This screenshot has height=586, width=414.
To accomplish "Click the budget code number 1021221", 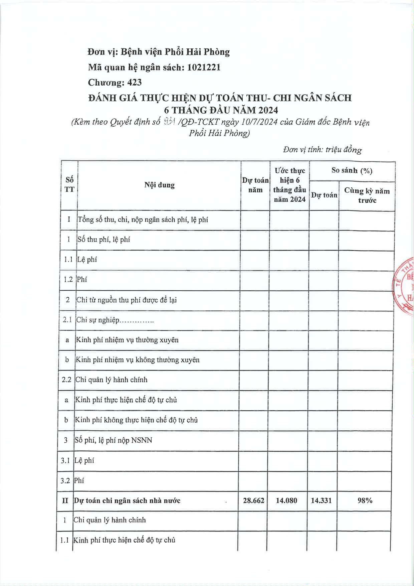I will click(204, 67).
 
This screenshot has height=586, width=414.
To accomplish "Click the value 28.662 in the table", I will click(253, 500).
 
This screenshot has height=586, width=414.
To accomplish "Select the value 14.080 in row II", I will click(286, 500).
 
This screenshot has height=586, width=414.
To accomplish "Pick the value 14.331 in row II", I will click(321, 500).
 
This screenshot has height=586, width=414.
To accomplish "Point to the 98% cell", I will click(365, 500).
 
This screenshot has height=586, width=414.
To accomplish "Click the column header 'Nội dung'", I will click(159, 185).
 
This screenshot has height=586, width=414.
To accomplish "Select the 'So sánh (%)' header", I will click(352, 171).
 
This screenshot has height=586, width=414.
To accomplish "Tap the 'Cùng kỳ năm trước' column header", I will click(367, 195).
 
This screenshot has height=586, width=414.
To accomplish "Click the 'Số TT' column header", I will click(69, 184).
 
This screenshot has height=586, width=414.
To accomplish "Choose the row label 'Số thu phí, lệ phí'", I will click(104, 240).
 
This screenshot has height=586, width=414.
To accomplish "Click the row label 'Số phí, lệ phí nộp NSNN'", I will click(114, 440).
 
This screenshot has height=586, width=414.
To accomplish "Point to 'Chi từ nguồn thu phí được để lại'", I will click(127, 300).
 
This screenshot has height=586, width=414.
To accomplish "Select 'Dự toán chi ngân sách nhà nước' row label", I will click(127, 500).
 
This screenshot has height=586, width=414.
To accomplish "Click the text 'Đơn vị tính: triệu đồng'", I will click(322, 149).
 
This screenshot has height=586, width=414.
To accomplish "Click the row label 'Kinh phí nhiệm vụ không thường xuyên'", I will click(138, 360).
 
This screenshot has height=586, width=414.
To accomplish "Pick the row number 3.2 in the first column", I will click(65, 481).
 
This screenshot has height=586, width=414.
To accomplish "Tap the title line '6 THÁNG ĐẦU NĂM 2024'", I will click(221, 110).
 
